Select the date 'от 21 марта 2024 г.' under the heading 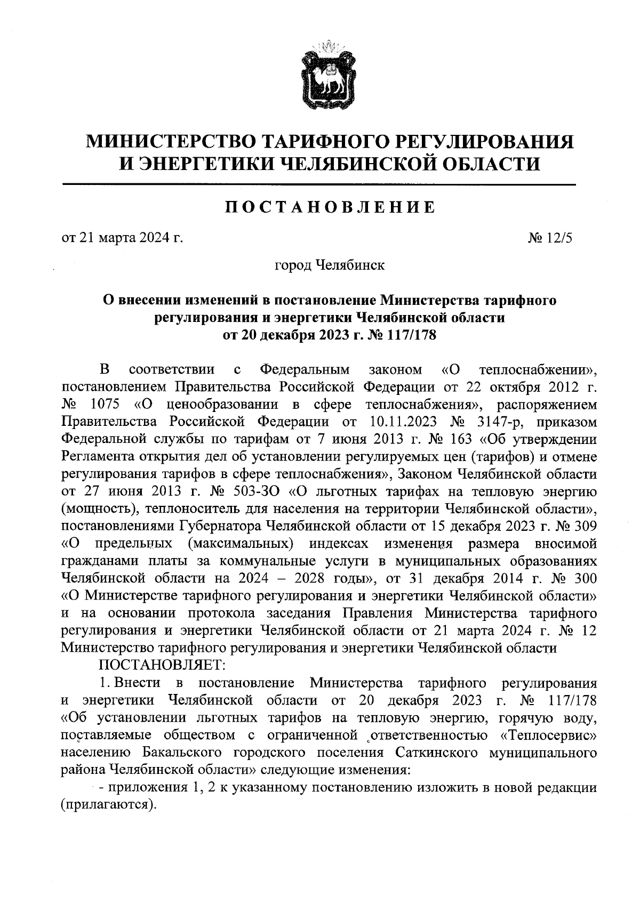(x=123, y=238)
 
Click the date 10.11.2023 (x=402, y=421)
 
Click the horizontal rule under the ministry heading (x=319, y=185)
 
